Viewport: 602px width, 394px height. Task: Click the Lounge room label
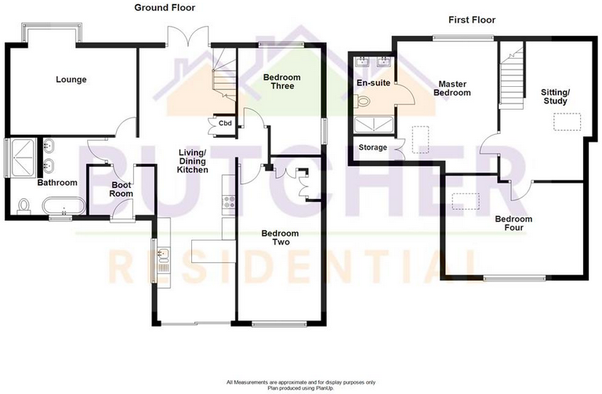tap(71, 79)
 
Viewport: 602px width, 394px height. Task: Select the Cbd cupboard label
tap(225, 123)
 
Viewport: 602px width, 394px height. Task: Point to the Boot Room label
tap(120, 188)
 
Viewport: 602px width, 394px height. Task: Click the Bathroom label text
tap(57, 183)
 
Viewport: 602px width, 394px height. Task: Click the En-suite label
tap(372, 82)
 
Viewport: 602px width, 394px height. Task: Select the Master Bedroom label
tap(454, 88)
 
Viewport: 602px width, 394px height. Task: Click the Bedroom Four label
tap(513, 223)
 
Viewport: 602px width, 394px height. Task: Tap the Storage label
tap(372, 147)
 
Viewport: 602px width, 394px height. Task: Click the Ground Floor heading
tap(165, 8)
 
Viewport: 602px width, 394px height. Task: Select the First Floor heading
tap(470, 20)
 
